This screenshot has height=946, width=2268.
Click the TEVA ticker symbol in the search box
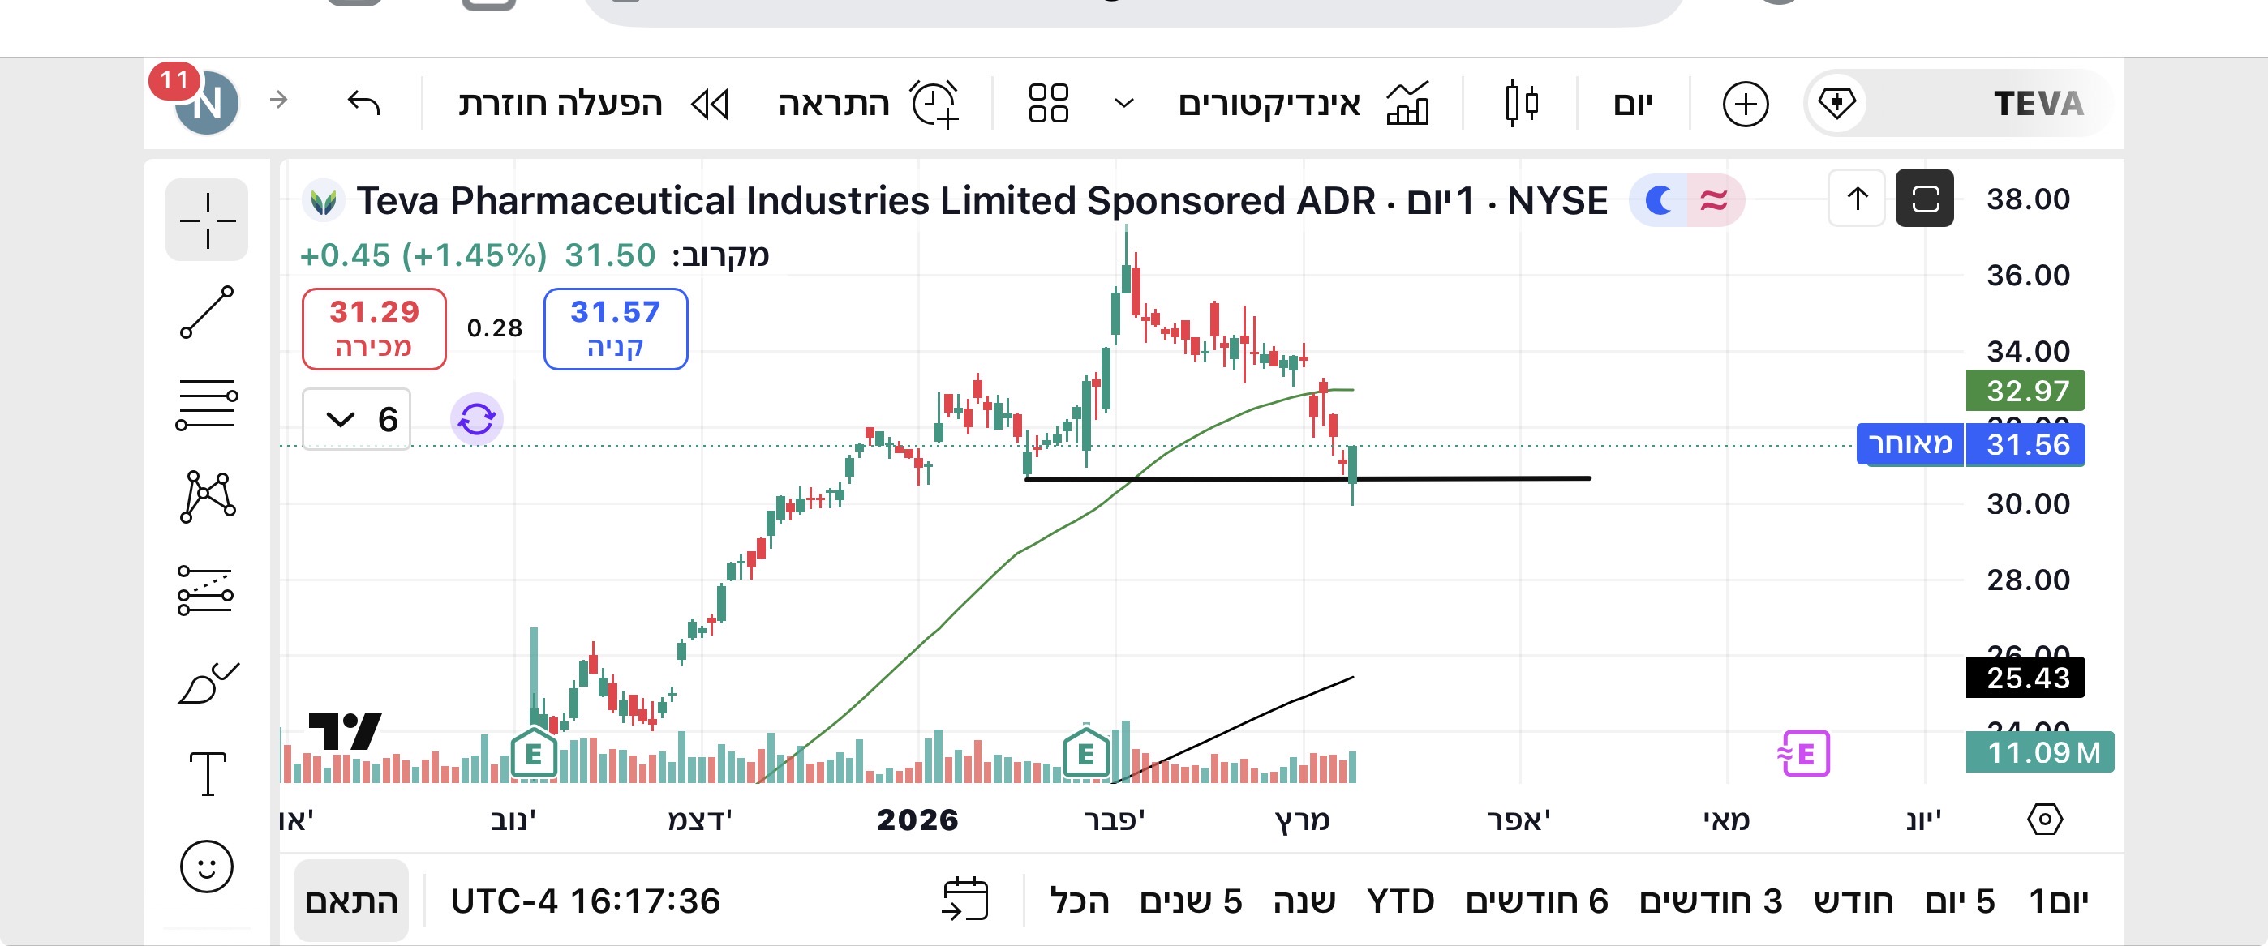[x=2038, y=104]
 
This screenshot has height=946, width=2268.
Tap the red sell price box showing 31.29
[x=374, y=328]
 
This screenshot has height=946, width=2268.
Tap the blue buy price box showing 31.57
[x=616, y=328]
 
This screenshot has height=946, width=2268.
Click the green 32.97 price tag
[x=2025, y=391]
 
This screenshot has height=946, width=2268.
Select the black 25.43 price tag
[x=2025, y=678]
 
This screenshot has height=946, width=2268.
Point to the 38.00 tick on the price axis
[x=2028, y=199]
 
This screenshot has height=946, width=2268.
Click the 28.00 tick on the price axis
[x=2028, y=580]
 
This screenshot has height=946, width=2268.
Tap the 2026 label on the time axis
[x=917, y=820]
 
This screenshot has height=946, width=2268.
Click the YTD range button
[x=1400, y=901]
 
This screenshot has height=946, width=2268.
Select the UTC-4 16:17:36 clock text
[x=586, y=901]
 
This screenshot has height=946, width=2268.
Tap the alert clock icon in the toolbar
[x=934, y=104]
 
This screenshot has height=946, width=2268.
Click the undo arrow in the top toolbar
[x=363, y=103]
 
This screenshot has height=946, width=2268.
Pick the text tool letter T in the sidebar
[x=208, y=774]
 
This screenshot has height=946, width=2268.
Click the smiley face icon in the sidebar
[x=207, y=867]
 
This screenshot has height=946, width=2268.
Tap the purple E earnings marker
[x=1804, y=754]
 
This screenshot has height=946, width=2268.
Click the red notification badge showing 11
[x=174, y=81]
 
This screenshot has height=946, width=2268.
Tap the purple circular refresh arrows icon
[x=477, y=419]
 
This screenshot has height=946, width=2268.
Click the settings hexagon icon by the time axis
[x=2044, y=820]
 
